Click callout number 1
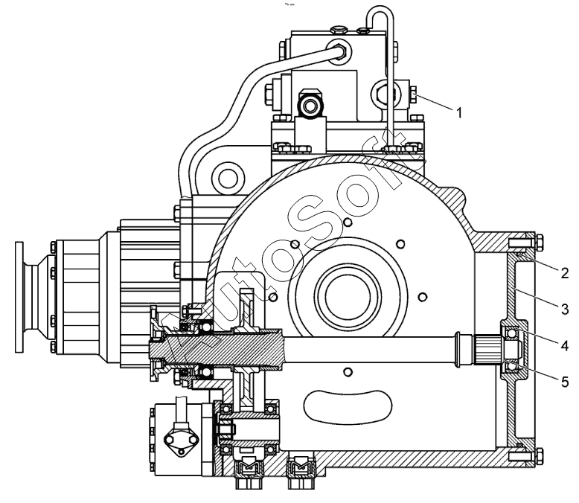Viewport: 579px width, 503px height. click(459, 112)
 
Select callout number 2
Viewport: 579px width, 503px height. click(564, 273)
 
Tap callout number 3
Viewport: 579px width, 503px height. click(564, 309)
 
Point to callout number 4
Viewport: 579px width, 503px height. click(564, 346)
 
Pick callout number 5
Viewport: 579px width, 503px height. click(564, 382)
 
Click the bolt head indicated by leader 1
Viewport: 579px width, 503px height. click(414, 94)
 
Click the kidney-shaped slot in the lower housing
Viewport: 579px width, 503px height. click(347, 406)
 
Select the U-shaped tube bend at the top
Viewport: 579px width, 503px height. click(380, 14)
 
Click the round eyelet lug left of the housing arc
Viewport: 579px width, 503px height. click(228, 179)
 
